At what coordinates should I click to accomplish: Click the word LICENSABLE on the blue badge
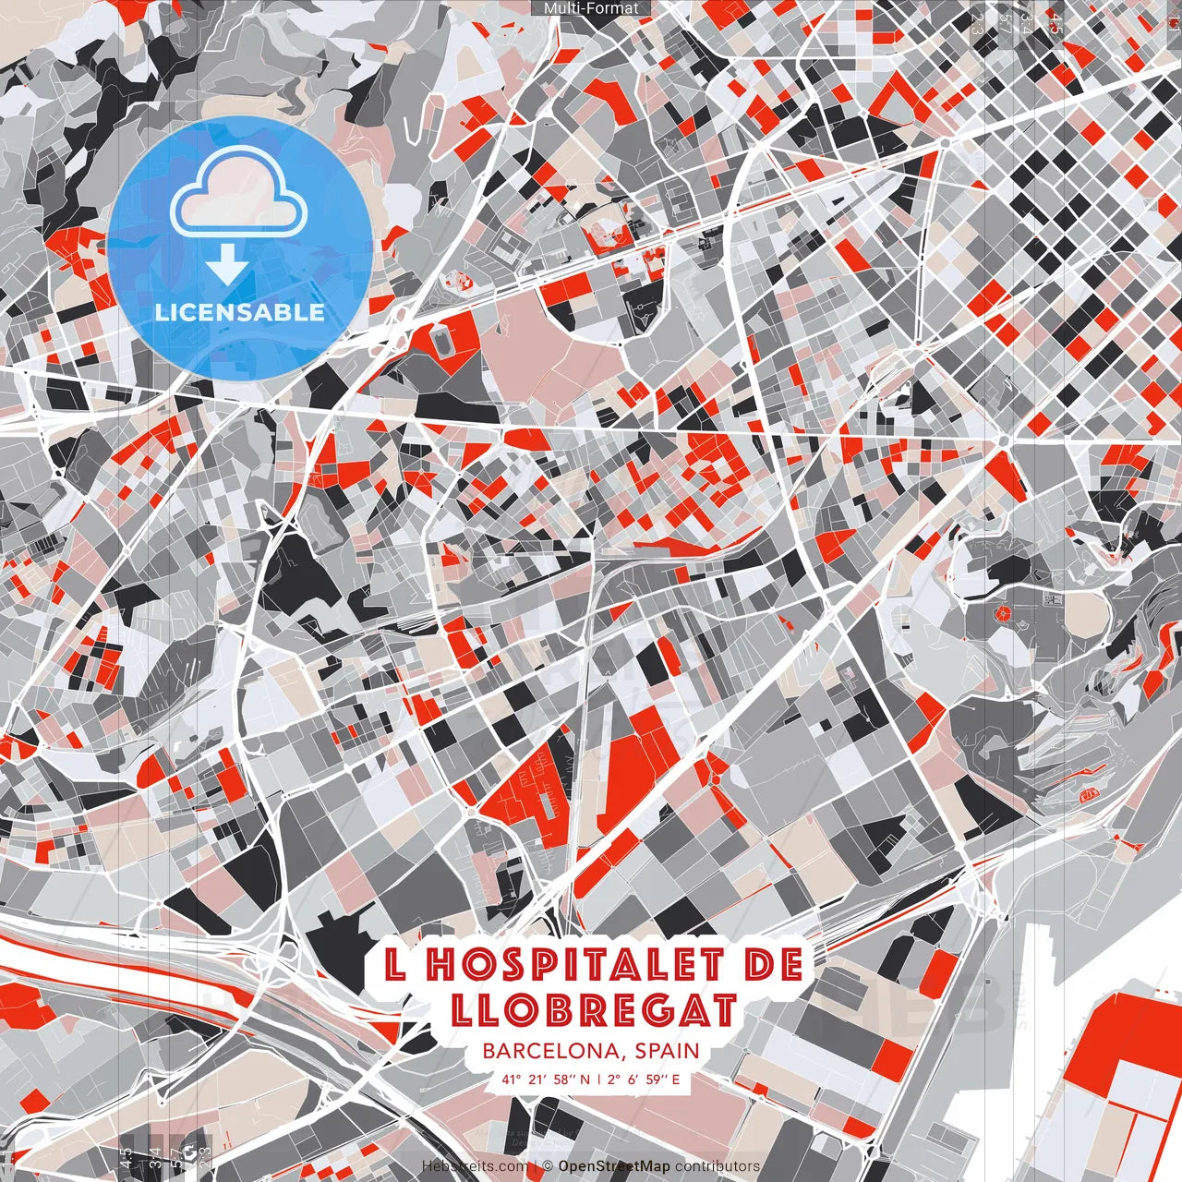(x=239, y=312)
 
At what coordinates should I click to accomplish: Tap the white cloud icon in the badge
(x=239, y=192)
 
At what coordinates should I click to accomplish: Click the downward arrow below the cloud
(x=227, y=266)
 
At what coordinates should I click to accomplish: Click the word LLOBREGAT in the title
(x=595, y=1010)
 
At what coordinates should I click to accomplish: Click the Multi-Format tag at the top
(x=591, y=8)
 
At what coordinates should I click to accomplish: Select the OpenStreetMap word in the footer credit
(x=614, y=1166)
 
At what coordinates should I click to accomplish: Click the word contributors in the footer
(x=718, y=1166)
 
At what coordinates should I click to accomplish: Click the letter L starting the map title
(x=395, y=966)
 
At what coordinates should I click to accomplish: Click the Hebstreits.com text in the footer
(x=475, y=1166)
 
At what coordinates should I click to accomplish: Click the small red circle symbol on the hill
(x=999, y=613)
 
